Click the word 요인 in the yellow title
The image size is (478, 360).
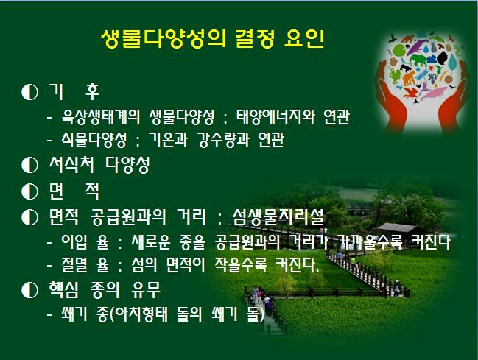[x=303, y=39]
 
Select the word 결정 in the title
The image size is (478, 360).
[x=255, y=39]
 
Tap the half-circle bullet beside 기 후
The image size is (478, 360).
[x=30, y=92]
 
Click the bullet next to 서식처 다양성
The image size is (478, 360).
[x=30, y=165]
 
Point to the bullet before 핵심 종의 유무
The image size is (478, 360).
[x=30, y=290]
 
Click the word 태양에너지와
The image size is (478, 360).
[x=275, y=117]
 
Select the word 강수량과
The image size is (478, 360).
[x=223, y=140]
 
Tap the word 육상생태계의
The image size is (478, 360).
[x=101, y=117]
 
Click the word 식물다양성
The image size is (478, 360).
[x=94, y=140]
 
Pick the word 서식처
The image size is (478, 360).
[x=71, y=165]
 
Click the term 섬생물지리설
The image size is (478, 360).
[x=278, y=217]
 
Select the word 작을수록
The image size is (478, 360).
[x=241, y=265]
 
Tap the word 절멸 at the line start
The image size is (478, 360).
[x=74, y=265]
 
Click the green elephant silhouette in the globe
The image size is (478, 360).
[x=418, y=60]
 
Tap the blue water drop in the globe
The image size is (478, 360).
[x=453, y=62]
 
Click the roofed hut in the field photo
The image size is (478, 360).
[x=397, y=230]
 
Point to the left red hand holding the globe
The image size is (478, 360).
[x=393, y=97]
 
